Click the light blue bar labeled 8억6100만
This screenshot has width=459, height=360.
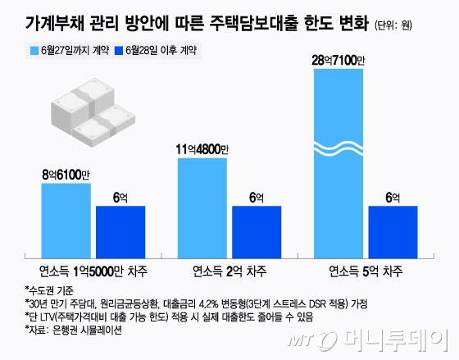coord(66,220)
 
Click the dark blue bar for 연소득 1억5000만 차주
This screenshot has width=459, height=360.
coord(120,231)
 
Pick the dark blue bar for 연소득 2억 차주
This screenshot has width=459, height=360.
coord(257,231)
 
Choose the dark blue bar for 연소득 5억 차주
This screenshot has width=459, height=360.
coord(393,231)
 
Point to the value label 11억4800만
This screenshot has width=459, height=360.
coord(202,148)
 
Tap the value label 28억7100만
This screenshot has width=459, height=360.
coord(338,61)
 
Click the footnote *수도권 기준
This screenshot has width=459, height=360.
coord(48,290)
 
